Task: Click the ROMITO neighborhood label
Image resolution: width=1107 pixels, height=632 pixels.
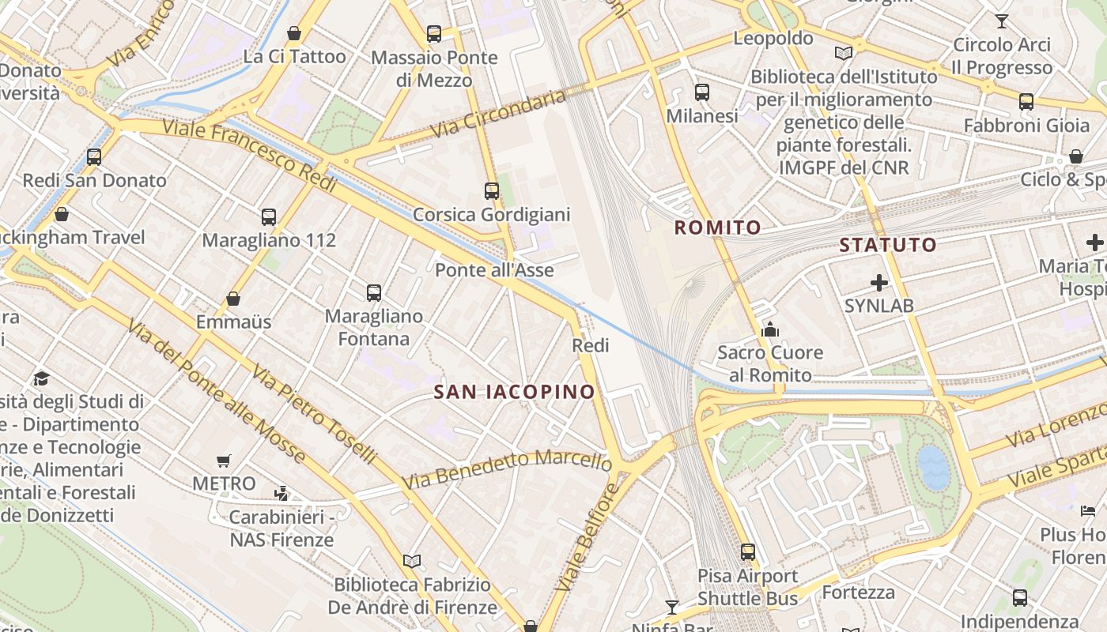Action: pos(718,228)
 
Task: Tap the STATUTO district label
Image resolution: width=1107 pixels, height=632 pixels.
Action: pos(888,245)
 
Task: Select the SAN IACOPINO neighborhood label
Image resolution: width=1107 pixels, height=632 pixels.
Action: pos(514,392)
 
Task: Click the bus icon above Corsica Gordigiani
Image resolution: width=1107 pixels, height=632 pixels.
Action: pos(492,190)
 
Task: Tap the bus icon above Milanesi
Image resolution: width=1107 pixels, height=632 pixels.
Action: pos(701,92)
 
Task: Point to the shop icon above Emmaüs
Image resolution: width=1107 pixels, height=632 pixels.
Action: pos(233,299)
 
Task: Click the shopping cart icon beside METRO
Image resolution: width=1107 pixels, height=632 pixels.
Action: pos(224,461)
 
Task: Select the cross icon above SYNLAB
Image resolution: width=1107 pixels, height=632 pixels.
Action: pos(878,282)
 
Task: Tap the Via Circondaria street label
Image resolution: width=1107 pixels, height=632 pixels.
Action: pos(499,115)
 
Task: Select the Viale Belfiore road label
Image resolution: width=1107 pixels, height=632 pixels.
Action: pos(586,537)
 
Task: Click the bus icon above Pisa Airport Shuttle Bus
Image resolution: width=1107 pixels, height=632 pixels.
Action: pos(748,551)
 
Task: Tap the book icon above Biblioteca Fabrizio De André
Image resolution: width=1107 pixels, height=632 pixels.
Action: pos(412,561)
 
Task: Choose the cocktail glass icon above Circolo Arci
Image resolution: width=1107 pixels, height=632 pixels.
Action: pos(1002,21)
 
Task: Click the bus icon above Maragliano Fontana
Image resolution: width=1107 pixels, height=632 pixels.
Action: pos(374,292)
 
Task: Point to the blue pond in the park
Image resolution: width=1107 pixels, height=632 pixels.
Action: pos(934,466)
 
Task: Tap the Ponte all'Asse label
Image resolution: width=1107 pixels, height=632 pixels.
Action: pos(494,270)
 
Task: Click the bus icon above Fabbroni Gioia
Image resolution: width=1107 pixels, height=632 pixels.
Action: pos(1026,101)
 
